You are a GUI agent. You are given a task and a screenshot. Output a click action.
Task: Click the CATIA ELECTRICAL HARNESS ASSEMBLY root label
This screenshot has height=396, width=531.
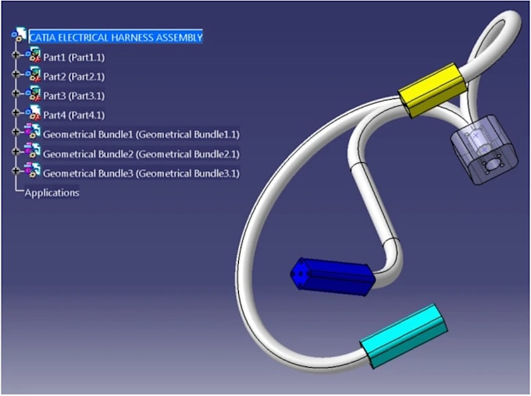coord(116,37)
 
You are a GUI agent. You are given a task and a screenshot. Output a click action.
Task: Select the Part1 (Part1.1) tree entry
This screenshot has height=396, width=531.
coord(73,57)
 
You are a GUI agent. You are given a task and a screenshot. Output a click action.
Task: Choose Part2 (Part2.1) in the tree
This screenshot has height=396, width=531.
coord(73,76)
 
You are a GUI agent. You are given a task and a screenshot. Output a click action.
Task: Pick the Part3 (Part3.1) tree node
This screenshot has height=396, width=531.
coord(73,96)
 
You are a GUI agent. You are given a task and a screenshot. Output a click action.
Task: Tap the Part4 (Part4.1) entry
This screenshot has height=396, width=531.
coord(73,115)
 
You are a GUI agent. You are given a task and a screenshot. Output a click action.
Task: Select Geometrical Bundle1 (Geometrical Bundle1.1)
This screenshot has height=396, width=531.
coord(141,134)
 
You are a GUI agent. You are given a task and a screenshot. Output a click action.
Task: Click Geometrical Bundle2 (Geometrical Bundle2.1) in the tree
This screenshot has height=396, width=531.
coord(141,154)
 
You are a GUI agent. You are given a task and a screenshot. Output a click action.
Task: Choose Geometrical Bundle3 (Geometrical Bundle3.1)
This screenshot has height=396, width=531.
coord(141,173)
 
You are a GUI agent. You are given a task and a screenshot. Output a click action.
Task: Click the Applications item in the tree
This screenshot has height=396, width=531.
coord(52,192)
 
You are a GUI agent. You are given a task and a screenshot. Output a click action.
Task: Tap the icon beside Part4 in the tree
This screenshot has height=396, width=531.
coord(33,115)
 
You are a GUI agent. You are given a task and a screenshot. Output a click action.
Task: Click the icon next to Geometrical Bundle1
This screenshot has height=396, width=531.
coord(33,134)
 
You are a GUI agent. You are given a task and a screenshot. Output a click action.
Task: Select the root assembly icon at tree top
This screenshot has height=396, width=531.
coord(19,37)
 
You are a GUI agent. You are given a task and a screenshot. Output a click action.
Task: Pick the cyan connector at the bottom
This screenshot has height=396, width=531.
coord(403,335)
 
